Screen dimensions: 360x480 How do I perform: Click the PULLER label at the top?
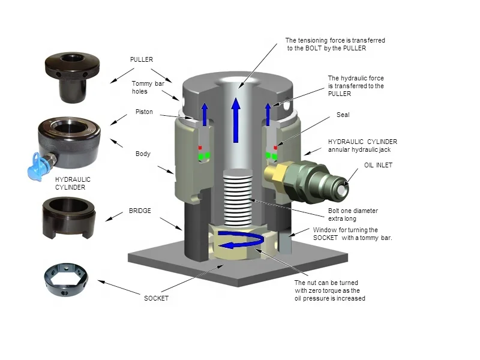coord(142,60)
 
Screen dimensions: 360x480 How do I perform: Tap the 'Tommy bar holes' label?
coord(148,88)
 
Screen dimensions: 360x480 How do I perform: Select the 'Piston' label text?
coord(144,112)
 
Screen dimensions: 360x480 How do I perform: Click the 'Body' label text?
coord(142,154)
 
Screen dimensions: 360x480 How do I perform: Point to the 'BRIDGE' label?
coord(140,211)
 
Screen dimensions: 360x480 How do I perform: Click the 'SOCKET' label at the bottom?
coord(156,298)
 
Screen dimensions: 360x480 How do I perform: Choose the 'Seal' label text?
coord(343,115)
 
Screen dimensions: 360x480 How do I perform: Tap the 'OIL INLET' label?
coord(378,165)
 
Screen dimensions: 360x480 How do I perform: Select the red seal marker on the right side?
coord(275,147)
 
